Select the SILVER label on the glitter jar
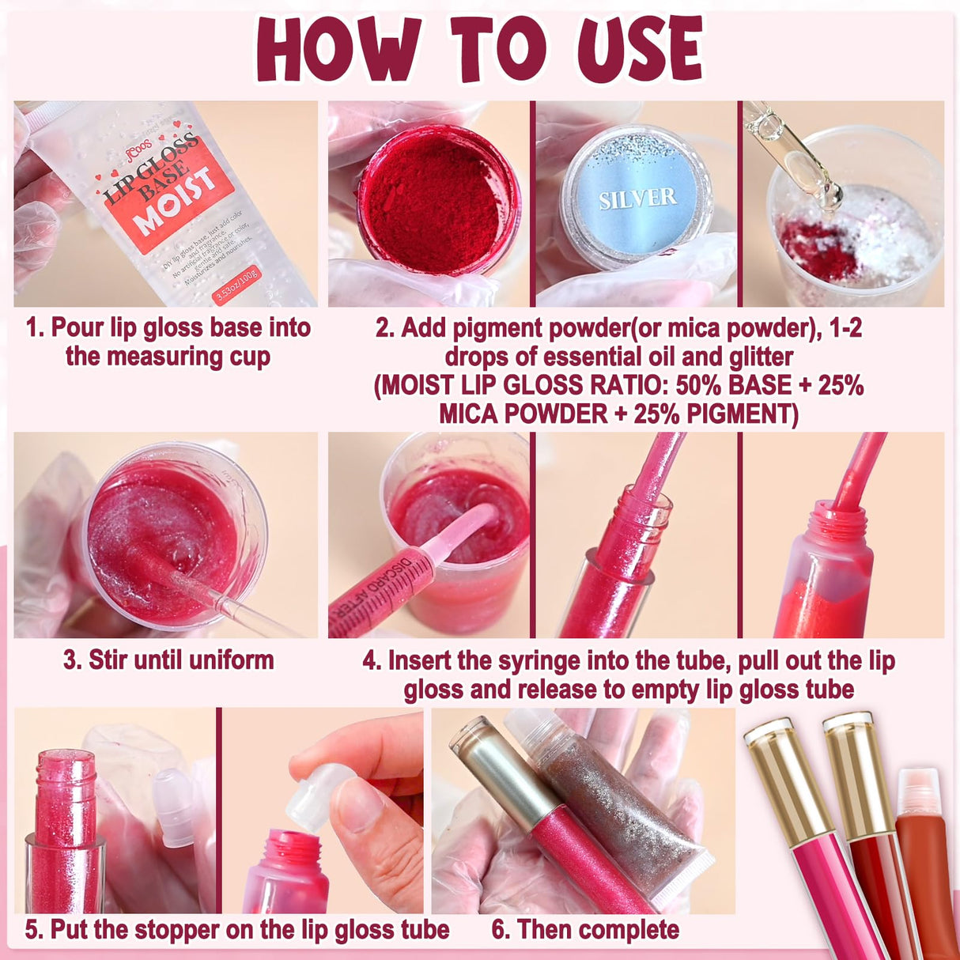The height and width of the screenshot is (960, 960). (x=637, y=198)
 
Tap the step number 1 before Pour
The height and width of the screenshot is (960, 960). (x=32, y=327)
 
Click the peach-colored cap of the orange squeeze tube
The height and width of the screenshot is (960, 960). (x=918, y=791)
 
